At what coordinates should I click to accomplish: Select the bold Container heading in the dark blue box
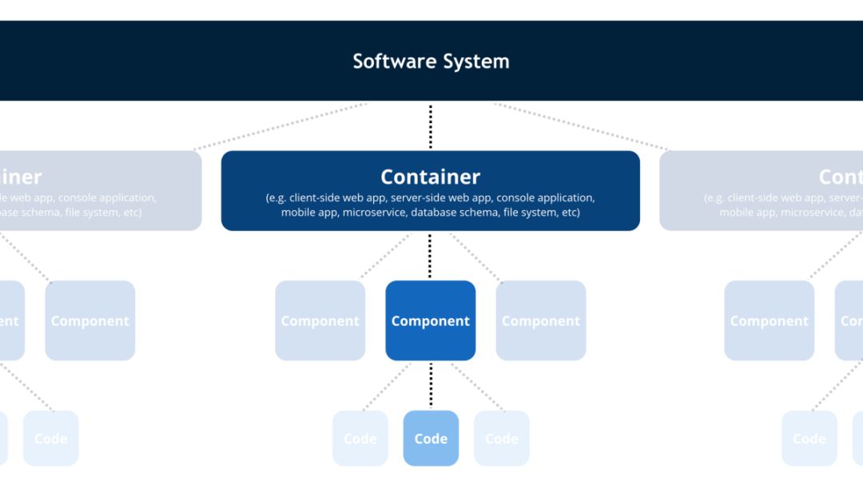(x=430, y=177)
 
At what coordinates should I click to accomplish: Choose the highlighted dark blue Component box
(x=430, y=321)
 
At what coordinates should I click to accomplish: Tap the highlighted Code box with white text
(x=431, y=438)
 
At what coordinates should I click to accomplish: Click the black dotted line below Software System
(x=431, y=126)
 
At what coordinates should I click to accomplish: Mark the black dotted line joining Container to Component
(x=431, y=256)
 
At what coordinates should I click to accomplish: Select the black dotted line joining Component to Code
(x=431, y=385)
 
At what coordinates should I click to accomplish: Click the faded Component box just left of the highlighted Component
(x=320, y=321)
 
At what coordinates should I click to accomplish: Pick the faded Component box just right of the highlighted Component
(x=541, y=321)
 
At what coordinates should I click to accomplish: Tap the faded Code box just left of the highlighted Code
(x=360, y=438)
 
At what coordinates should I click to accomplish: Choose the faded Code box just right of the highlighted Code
(x=502, y=438)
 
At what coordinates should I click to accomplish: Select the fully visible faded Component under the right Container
(x=769, y=321)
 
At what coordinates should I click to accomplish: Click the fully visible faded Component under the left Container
(x=89, y=321)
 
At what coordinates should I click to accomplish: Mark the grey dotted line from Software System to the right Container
(x=582, y=126)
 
